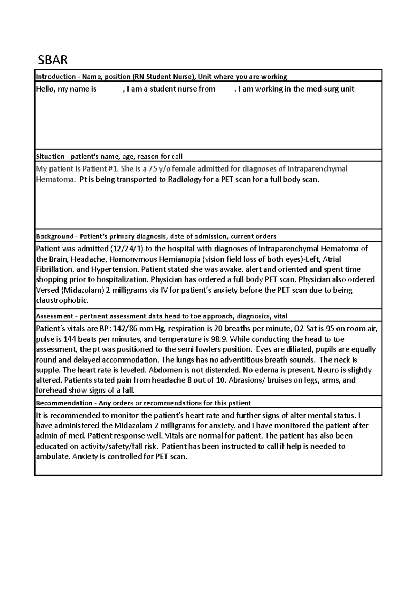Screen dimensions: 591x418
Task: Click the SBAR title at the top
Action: [53, 60]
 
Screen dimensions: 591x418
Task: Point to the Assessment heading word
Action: [54, 316]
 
